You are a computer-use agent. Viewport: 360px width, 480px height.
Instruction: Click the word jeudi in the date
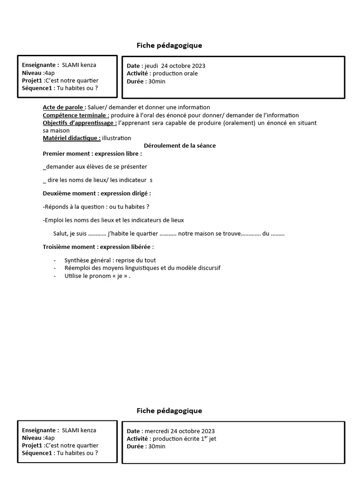(151, 66)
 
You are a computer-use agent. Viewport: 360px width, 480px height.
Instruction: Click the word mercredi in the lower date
(157, 431)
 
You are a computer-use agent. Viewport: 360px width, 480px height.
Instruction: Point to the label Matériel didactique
(71, 138)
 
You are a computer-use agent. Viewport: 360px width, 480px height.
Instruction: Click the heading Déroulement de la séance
(180, 146)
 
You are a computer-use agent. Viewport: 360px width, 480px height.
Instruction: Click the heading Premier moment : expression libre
(92, 154)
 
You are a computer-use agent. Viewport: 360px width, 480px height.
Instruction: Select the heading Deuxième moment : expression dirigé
(97, 193)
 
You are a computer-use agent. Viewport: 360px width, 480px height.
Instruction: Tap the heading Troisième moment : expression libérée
(98, 247)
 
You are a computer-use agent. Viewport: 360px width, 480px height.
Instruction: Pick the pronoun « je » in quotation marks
(120, 276)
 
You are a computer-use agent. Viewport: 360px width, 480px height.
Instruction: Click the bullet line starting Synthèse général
(110, 260)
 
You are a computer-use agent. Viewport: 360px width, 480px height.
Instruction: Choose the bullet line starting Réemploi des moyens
(142, 268)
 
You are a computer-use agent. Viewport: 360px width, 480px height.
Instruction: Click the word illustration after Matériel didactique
(117, 138)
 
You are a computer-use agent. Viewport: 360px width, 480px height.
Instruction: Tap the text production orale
(174, 74)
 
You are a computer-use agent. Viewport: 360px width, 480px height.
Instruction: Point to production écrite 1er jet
(184, 439)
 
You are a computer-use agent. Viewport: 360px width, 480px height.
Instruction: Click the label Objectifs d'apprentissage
(80, 123)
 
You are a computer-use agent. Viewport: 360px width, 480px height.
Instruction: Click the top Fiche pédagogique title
(169, 45)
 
